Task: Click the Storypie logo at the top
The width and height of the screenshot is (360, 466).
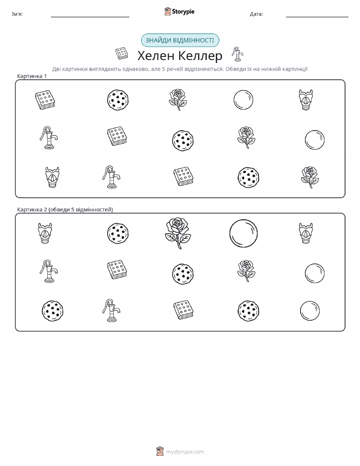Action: pos(179,12)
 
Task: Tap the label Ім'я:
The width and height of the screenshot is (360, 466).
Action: pos(17,14)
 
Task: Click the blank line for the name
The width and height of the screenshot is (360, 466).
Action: pos(90,17)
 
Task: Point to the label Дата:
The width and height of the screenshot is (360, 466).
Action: pos(256,14)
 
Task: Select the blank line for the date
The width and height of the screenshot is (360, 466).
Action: pos(317,17)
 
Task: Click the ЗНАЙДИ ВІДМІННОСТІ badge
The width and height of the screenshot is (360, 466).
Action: pos(180,41)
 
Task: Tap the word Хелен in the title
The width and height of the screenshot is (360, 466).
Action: pos(156,55)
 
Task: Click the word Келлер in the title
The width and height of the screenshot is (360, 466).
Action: pos(201,55)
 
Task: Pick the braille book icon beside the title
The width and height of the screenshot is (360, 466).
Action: pos(122,53)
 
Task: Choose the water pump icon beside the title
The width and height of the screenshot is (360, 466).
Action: pos(237,54)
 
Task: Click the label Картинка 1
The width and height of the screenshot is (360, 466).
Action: pos(32,76)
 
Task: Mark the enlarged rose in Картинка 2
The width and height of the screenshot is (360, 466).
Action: pos(178,233)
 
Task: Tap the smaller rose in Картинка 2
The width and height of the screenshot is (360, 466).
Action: pos(246,271)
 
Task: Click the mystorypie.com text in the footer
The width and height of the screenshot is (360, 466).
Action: pos(185,452)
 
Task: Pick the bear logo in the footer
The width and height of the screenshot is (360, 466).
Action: pos(160,451)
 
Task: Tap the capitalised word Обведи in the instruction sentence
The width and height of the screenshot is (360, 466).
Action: pos(235,69)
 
